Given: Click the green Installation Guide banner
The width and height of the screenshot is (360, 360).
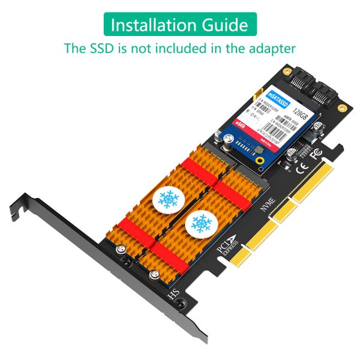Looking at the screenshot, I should point(180,25).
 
